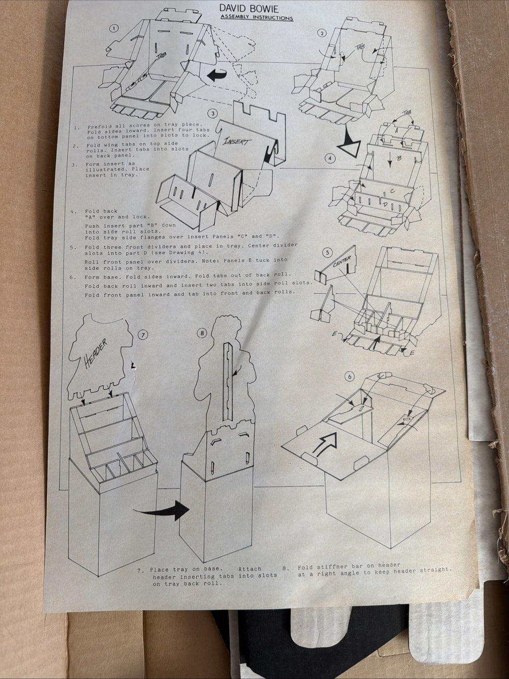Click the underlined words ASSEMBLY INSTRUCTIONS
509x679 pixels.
pos(256,17)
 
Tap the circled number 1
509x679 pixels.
pos(114,28)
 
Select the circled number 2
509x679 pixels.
pos(322,33)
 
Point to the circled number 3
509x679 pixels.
pos(212,113)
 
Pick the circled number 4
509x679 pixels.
pos(330,158)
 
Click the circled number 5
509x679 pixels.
pos(328,253)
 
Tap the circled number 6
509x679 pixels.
pos(350,376)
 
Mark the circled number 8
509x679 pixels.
pos(202,333)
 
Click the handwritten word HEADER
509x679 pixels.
pos(95,353)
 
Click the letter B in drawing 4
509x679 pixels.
pos(399,159)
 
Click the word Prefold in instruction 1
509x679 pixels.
pos(98,127)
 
